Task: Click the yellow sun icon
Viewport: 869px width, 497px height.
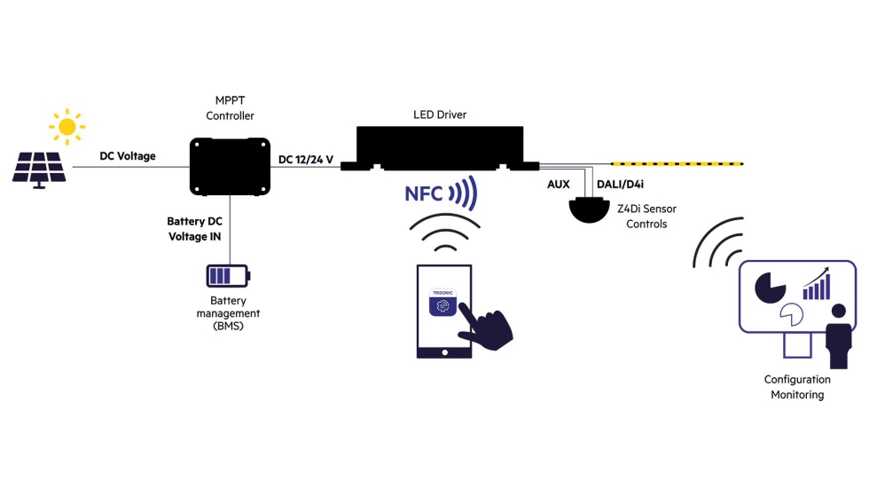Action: (67, 126)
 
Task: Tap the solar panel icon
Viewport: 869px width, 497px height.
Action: (39, 168)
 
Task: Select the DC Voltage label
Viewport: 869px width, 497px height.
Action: (127, 156)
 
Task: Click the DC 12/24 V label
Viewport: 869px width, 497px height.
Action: (306, 160)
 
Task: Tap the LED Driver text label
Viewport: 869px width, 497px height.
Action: (440, 114)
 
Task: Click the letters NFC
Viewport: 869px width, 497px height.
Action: (424, 194)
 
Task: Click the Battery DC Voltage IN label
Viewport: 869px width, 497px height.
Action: (194, 228)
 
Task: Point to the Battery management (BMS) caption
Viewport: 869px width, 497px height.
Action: (228, 313)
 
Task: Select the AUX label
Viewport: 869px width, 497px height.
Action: (558, 185)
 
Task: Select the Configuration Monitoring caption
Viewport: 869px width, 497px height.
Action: (797, 387)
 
